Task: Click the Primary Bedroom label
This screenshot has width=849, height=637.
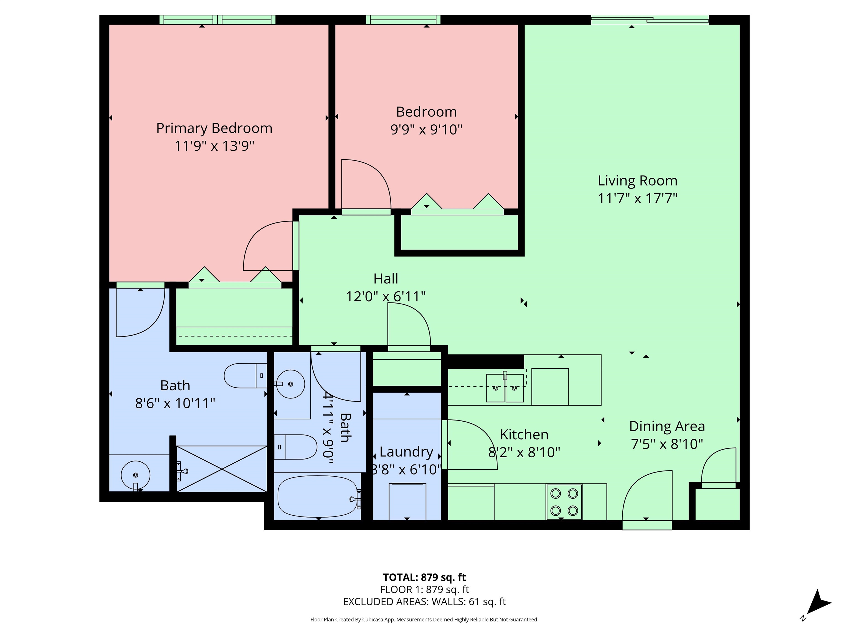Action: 214,128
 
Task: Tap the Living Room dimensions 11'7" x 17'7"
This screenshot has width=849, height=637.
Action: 638,199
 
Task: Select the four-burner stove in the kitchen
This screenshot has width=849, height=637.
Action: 564,502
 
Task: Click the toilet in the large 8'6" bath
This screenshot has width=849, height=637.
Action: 246,375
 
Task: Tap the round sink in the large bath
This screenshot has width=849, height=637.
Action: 135,475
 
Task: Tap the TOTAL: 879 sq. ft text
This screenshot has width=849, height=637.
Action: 424,577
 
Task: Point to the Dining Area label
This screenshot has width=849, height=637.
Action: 667,426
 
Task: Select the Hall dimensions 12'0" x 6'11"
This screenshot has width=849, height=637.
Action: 386,296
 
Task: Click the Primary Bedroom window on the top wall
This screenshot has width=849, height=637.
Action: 217,20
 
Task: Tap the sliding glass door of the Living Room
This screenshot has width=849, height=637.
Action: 649,20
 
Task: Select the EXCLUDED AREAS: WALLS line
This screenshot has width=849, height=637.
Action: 424,602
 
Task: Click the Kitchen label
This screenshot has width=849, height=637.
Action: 524,435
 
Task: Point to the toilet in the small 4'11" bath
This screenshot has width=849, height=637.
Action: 295,447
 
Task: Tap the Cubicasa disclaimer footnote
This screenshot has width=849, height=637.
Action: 424,619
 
